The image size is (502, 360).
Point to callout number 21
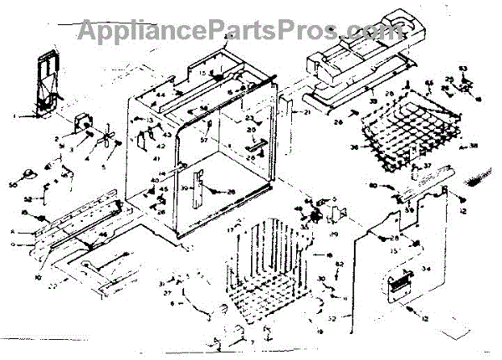click(x=307, y=112)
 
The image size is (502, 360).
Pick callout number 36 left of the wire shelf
click(x=354, y=147)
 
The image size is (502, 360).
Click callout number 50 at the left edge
click(x=13, y=184)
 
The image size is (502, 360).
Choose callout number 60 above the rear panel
click(x=372, y=185)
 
